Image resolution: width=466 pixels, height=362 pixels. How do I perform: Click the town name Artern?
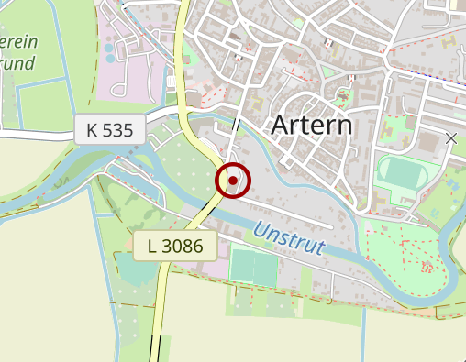[312, 125]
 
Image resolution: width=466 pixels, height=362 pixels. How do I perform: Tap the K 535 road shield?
[109, 130]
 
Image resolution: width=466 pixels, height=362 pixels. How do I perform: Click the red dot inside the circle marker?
[233, 181]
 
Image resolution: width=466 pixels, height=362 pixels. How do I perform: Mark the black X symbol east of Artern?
[450, 138]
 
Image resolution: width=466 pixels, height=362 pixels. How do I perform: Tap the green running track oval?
[400, 172]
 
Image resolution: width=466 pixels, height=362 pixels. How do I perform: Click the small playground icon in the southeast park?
[427, 268]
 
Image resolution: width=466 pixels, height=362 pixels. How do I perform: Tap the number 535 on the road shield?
[117, 130]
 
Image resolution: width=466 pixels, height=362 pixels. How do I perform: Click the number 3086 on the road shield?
[188, 245]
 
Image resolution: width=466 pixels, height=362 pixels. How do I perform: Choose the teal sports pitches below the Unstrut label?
[255, 267]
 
